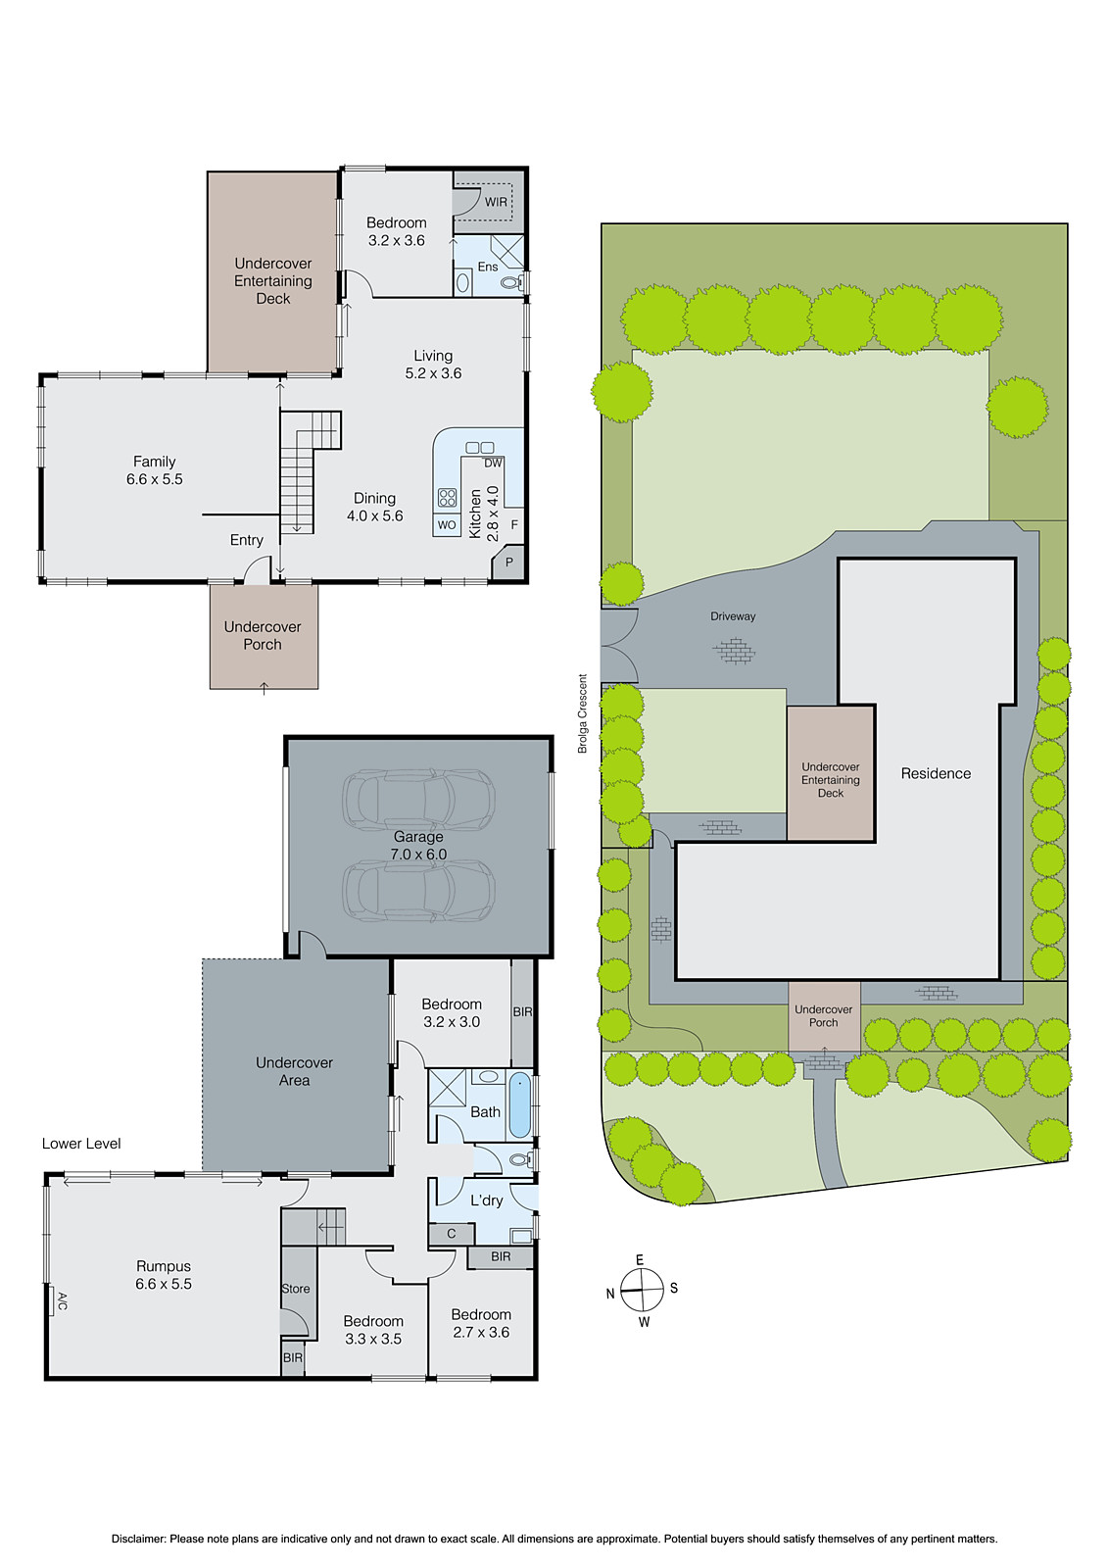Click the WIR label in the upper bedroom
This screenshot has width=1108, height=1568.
496,202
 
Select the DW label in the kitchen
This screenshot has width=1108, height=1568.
493,463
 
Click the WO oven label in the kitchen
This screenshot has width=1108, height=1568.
447,525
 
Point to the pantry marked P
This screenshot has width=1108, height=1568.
509,563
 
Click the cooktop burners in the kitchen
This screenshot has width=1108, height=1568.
448,498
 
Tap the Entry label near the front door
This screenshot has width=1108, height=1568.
247,540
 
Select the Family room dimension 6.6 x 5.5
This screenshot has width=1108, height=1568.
155,479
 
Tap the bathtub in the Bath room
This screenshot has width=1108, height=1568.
520,1104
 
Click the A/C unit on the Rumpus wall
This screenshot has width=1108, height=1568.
52,1300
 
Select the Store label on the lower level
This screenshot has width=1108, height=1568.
296,1289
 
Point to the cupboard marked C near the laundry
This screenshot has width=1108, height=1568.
452,1234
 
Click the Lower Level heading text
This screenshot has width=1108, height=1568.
81,1144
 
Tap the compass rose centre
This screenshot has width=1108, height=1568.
642,1290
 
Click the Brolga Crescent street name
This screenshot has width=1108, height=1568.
583,713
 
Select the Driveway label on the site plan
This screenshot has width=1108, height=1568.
733,616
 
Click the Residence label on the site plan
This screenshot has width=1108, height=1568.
936,773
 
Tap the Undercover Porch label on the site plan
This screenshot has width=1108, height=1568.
823,1015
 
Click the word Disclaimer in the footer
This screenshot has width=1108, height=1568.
138,1539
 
